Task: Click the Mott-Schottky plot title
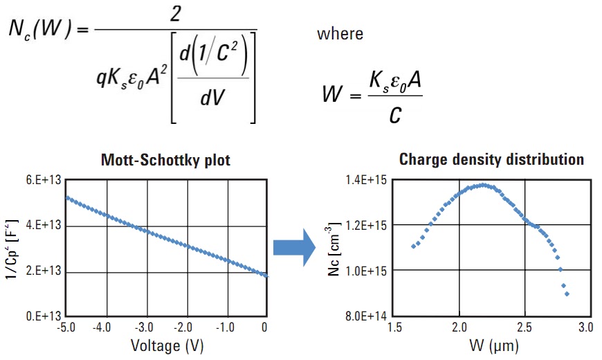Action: click(166, 161)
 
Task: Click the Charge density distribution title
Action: click(491, 160)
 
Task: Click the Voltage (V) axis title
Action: click(166, 345)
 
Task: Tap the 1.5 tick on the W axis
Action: click(394, 327)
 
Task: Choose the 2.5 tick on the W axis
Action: click(525, 327)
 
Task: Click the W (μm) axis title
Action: click(491, 344)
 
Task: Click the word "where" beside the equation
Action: click(340, 33)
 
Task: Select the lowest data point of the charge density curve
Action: click(567, 294)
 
